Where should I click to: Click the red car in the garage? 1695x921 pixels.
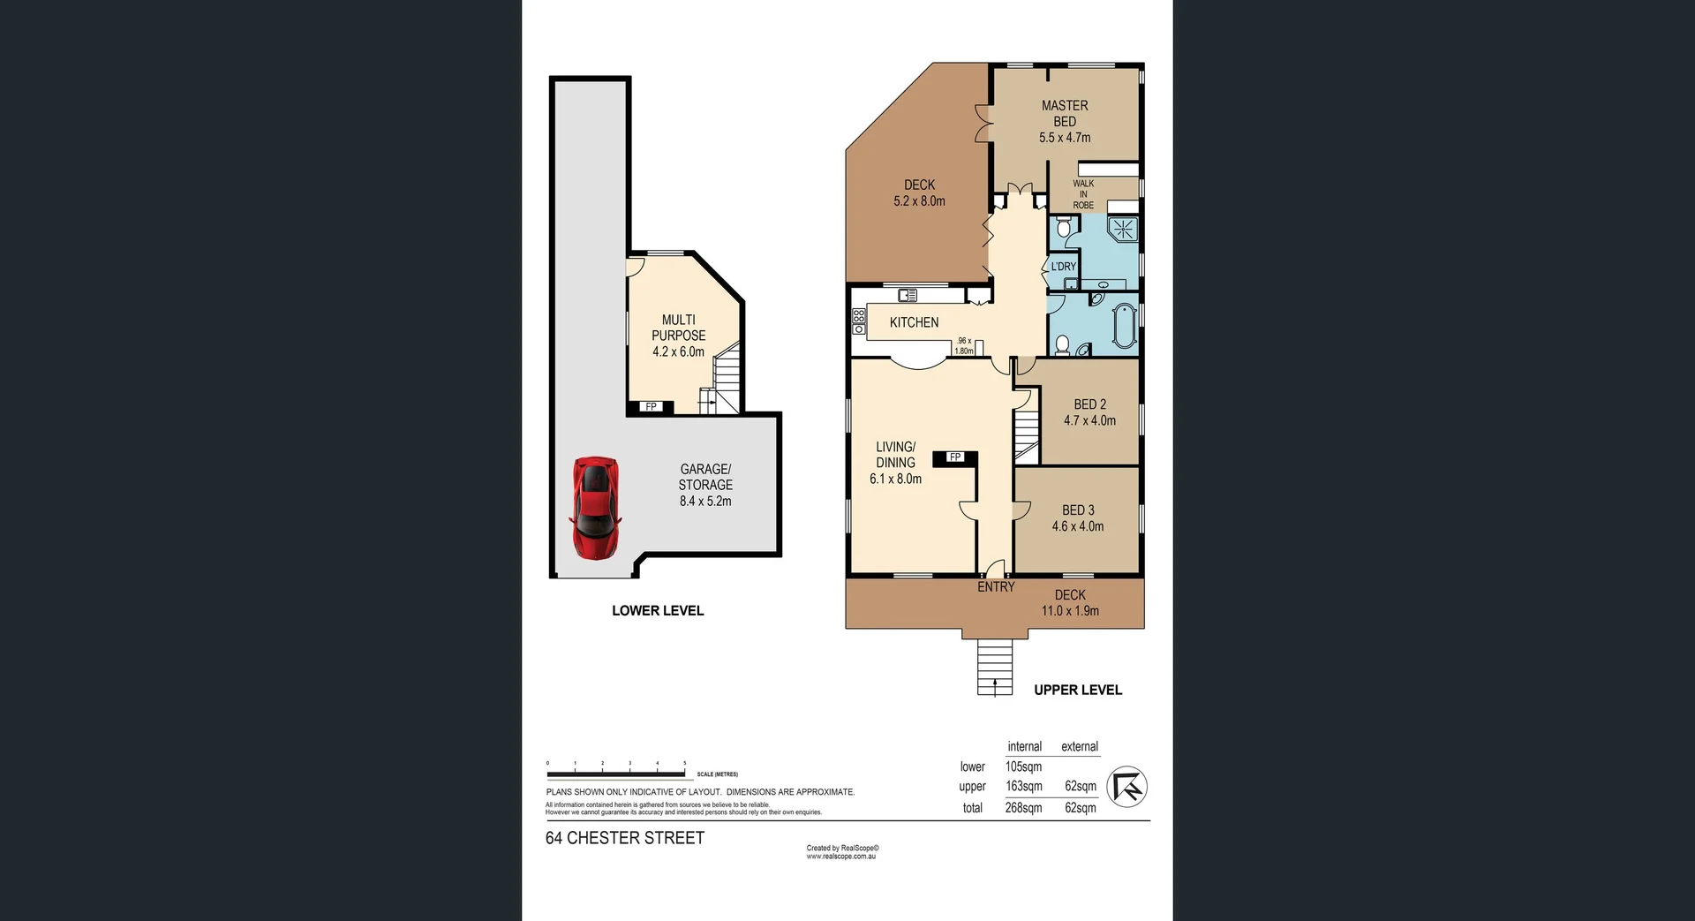coord(595,508)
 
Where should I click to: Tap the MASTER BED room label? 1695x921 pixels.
coord(1065,113)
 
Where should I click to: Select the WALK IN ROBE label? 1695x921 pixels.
coord(1083,194)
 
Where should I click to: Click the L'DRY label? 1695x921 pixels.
coord(1063,267)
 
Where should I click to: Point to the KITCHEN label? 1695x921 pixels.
coord(914,322)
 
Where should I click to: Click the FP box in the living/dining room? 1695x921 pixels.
coord(954,457)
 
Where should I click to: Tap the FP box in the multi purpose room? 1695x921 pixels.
coord(651,407)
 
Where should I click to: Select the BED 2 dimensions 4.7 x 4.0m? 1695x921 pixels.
coord(1089,420)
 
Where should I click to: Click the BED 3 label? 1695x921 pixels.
coord(1078,510)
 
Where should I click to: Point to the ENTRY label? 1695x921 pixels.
coord(996,586)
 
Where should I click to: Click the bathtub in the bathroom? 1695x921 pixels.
coord(1124,326)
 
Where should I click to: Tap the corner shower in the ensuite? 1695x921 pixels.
coord(1124,230)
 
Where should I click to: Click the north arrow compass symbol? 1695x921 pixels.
coord(1127,786)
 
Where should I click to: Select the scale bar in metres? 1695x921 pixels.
coord(615,774)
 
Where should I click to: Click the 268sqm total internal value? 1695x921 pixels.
coord(1023,807)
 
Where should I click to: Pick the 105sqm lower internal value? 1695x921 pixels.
coord(1023,766)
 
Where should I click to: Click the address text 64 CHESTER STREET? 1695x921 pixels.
coord(625,838)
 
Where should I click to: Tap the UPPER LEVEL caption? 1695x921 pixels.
coord(1078,690)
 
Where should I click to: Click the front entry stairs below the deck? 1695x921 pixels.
coord(995,667)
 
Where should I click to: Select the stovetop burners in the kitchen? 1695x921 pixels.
coord(858,321)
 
